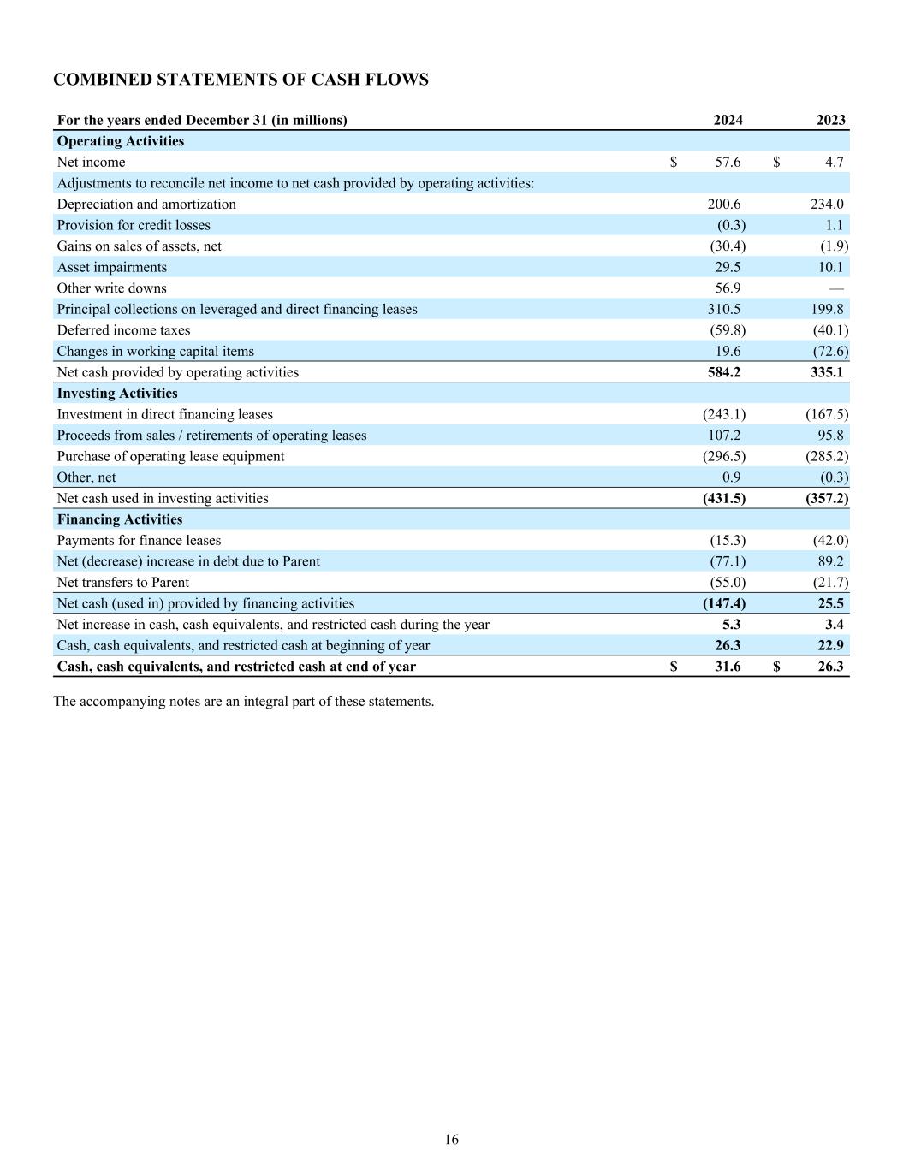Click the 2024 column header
(728, 120)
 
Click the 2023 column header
(830, 120)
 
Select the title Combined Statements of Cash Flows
(241, 80)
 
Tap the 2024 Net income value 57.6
(728, 162)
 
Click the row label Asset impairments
(112, 267)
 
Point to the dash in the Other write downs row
(836, 288)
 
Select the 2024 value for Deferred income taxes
(728, 330)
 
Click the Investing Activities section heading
(117, 394)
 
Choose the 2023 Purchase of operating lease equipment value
(827, 456)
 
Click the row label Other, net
(86, 477)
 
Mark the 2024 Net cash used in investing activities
(724, 498)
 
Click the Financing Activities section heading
(120, 519)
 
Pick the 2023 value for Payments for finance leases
(830, 540)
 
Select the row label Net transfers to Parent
(123, 583)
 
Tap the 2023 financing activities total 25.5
(830, 603)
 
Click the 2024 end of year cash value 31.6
(728, 667)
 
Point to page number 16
(451, 1139)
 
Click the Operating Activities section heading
(121, 141)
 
